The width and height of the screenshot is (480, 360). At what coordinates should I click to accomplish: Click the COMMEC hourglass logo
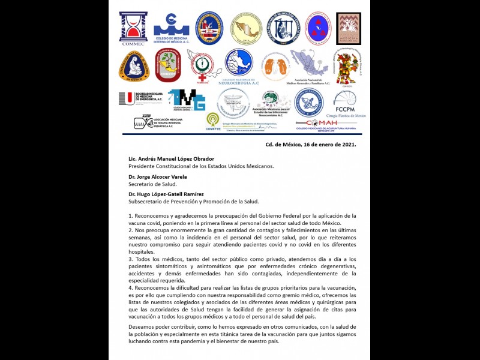(133, 28)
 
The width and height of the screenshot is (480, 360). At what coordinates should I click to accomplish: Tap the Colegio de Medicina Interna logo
(171, 27)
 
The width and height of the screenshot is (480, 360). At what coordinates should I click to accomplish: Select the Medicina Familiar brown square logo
(348, 29)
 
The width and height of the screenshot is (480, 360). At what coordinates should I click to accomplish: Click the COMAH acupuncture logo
(325, 124)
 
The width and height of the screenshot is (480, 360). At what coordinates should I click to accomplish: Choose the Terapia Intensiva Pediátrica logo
(158, 122)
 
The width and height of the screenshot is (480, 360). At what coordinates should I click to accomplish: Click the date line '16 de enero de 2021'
(311, 145)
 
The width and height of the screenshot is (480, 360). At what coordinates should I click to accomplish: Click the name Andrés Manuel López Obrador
(171, 159)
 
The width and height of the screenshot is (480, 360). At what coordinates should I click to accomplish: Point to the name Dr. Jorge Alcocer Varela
(157, 177)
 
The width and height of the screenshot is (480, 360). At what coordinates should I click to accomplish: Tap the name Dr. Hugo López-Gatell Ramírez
(166, 194)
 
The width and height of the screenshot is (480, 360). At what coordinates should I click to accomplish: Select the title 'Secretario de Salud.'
(149, 184)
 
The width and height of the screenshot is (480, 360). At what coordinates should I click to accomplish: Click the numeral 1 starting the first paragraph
(130, 215)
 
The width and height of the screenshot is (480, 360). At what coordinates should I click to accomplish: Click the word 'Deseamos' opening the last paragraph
(143, 327)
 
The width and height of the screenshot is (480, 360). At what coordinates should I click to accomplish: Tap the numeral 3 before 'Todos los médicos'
(130, 259)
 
